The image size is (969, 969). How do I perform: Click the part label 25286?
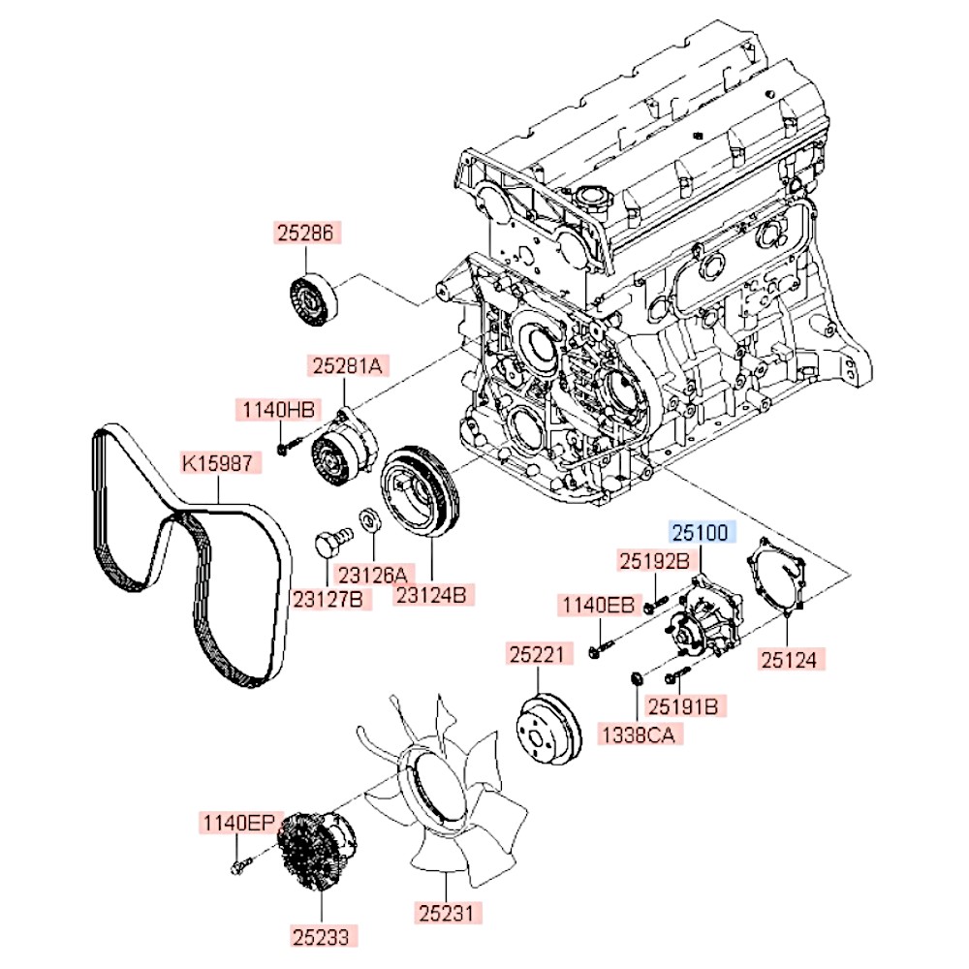click(306, 234)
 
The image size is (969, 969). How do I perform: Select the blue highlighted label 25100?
click(700, 532)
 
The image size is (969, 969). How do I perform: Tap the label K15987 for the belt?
click(221, 464)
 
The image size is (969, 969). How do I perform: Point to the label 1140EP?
click(238, 823)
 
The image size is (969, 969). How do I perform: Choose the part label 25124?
click(794, 661)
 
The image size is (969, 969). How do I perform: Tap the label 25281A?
click(349, 365)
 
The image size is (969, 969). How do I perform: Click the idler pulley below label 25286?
click(313, 300)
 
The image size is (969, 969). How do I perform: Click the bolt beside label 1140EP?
click(238, 864)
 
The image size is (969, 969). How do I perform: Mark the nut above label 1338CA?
click(635, 677)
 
